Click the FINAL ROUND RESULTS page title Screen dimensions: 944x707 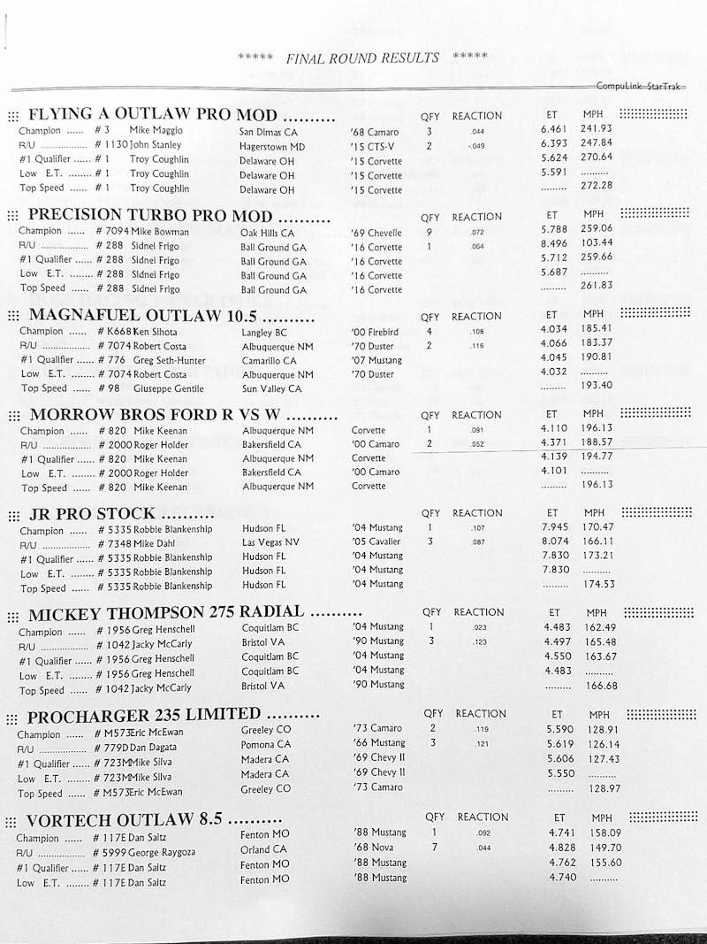[x=362, y=58]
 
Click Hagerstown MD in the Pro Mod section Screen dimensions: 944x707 [x=271, y=146]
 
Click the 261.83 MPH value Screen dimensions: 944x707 [x=597, y=286]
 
